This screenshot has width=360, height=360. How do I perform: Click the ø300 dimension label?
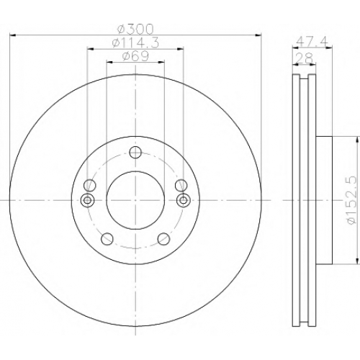click(x=135, y=30)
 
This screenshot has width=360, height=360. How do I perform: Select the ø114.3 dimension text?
click(x=135, y=43)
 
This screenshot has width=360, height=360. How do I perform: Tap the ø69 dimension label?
click(x=135, y=56)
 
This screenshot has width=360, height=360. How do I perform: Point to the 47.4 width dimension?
click(x=312, y=42)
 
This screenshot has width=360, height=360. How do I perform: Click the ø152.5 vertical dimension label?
click(x=352, y=200)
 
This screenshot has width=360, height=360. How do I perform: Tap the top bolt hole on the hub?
click(x=135, y=152)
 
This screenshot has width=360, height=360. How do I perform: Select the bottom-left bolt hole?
click(x=107, y=238)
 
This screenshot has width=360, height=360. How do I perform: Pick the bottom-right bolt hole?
click(x=163, y=238)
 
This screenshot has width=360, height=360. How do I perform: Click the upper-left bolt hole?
click(x=90, y=185)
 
